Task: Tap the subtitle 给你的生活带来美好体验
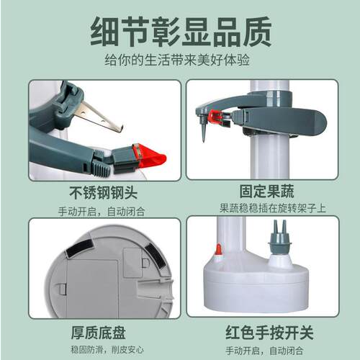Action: pyautogui.click(x=180, y=62)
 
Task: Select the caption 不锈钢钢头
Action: pyautogui.click(x=104, y=194)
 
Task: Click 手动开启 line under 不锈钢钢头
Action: pyautogui.click(x=104, y=211)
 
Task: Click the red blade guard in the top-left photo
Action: pyautogui.click(x=149, y=158)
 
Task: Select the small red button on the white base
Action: pyautogui.click(x=218, y=250)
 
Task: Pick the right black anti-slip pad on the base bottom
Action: pyautogui.click(x=153, y=255)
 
